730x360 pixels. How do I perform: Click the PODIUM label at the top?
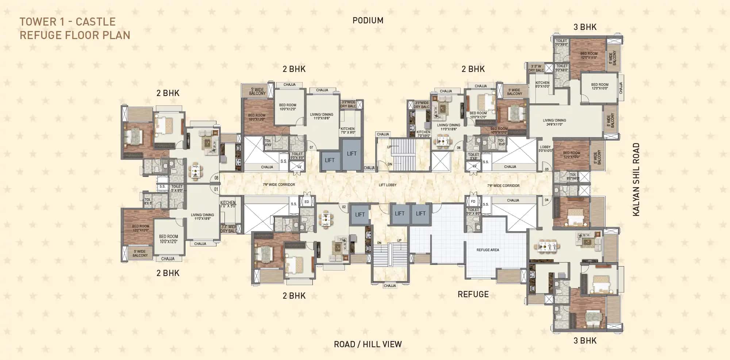coord(368,20)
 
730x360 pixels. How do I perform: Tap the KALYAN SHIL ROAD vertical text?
coord(636,179)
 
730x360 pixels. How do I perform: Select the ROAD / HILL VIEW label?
coord(368,344)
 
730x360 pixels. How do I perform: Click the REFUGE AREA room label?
coord(488,250)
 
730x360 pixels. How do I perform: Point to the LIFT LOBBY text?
coord(387,185)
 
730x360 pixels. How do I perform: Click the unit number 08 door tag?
coord(216,178)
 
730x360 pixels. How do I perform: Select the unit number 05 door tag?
coord(546,169)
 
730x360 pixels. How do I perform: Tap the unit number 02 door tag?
coord(344,207)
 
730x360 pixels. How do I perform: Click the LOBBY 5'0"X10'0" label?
coord(545,149)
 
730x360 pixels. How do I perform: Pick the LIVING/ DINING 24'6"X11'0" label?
coord(554,122)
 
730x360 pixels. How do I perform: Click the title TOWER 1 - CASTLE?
coord(68,22)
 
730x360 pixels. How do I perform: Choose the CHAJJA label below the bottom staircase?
coord(390,286)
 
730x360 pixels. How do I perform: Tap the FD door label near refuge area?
coord(473,202)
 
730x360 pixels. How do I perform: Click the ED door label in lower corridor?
coord(307,202)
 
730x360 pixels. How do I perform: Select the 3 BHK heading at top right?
coord(585,27)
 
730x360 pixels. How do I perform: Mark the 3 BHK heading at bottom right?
coord(585,341)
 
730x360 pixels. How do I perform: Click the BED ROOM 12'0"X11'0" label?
coord(589,55)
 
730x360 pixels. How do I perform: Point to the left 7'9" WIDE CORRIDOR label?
coord(279,185)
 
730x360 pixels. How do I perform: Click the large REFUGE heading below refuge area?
coord(473,294)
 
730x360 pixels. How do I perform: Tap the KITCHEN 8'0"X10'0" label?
coord(542,85)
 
